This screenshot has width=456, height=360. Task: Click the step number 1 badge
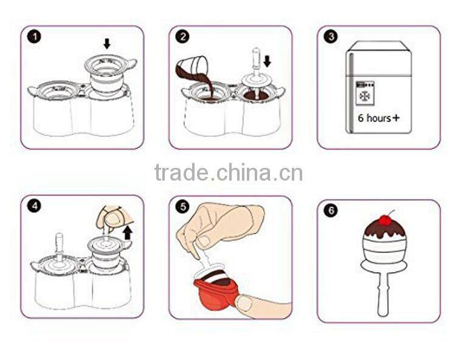[x=36, y=36]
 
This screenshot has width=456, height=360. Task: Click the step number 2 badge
[x=183, y=36]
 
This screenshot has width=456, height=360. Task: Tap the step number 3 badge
[x=331, y=36]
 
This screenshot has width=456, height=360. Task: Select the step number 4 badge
[x=36, y=206]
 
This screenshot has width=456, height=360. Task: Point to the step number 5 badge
[x=183, y=206]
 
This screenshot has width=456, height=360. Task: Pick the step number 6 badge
[x=331, y=210]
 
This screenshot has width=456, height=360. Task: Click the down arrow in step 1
[x=107, y=43]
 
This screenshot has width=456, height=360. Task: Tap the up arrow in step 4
[x=128, y=232]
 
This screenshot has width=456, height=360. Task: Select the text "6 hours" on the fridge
[x=373, y=118]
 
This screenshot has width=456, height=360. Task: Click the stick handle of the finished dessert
[x=382, y=296]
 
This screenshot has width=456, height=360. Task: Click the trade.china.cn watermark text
[x=228, y=173]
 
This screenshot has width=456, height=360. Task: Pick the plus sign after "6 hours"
[x=396, y=117]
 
